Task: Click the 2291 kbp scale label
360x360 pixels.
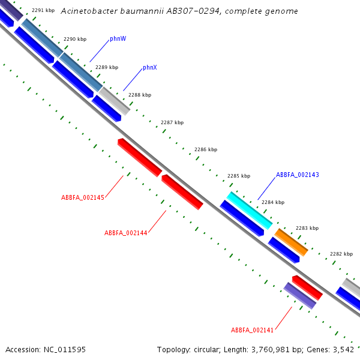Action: [x=43, y=10]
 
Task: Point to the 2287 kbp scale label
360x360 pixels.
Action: [x=172, y=122]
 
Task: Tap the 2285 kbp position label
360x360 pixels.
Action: [x=239, y=176]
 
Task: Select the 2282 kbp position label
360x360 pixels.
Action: [x=341, y=254]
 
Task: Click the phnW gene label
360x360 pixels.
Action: [x=118, y=39]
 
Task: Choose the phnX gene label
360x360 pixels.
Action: [x=150, y=67]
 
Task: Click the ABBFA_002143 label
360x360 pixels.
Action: [x=298, y=175]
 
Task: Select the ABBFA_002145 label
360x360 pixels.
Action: [x=83, y=197]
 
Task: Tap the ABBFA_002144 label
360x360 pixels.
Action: [x=126, y=233]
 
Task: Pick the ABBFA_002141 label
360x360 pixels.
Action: [x=252, y=330]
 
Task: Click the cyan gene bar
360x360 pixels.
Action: [x=250, y=211]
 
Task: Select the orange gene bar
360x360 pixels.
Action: [x=291, y=242]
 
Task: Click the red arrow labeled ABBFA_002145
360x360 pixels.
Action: [x=140, y=157]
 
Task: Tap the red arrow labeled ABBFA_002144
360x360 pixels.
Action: [x=182, y=192]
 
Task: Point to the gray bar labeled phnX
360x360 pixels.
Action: [x=115, y=101]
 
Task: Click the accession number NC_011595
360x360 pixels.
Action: [x=65, y=350]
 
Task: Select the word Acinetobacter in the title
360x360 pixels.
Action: [x=89, y=11]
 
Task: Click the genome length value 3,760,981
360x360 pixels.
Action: [x=271, y=350]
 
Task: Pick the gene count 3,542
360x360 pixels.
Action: [x=343, y=350]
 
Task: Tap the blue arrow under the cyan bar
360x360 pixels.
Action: [x=242, y=218]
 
